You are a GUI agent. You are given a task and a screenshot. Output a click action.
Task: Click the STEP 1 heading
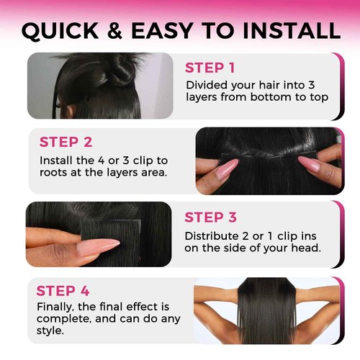210,68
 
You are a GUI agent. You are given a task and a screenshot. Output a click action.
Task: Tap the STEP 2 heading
66,142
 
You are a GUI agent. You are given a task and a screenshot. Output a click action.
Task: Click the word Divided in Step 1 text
205,85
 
